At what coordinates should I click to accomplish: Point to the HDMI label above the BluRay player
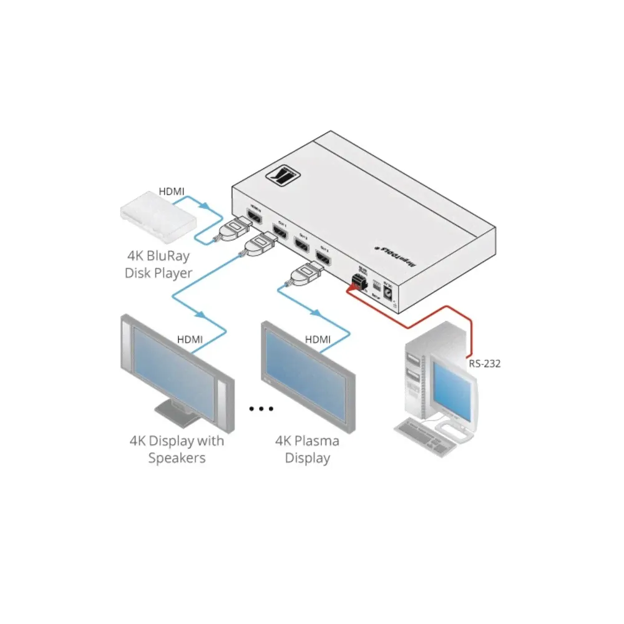coord(172,192)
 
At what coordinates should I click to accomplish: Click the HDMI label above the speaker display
coord(190,339)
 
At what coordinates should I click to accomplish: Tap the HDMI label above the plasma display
coord(318,339)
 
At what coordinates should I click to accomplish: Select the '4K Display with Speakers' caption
coord(177,449)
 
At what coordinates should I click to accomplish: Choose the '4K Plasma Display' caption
coord(308,449)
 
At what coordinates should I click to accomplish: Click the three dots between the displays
coord(261,409)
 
